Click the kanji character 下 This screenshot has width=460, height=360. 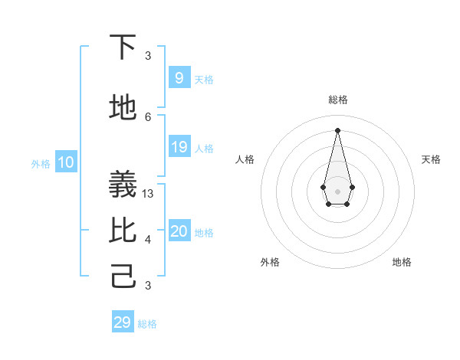(123, 47)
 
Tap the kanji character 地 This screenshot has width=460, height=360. (123, 108)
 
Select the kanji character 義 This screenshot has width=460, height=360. (123, 185)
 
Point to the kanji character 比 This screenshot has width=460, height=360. (123, 231)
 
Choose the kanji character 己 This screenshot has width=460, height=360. (123, 277)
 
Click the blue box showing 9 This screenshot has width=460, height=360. (179, 77)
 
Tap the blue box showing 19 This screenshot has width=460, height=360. (179, 147)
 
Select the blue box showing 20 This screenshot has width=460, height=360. (179, 231)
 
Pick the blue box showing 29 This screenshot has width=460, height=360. (123, 322)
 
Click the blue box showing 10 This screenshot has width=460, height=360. (65, 162)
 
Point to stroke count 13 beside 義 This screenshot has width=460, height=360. (149, 194)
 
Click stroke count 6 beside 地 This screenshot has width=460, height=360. (149, 116)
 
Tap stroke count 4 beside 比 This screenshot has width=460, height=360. (149, 240)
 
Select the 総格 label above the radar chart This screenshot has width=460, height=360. (337, 100)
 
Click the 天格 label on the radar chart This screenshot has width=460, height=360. (431, 159)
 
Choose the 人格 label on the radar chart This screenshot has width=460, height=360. (245, 159)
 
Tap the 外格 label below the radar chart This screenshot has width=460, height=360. (270, 262)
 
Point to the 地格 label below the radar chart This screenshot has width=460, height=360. (402, 262)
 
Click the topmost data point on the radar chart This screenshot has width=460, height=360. (337, 129)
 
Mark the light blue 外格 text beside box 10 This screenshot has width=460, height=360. (41, 163)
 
